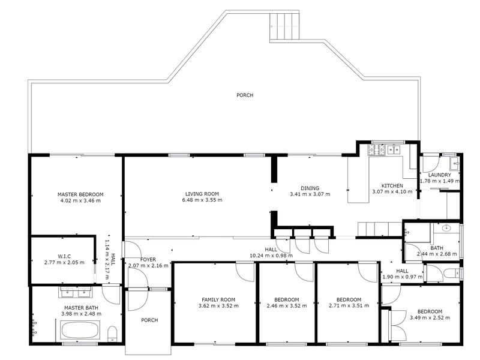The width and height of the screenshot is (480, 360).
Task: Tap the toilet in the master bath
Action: click(x=112, y=334)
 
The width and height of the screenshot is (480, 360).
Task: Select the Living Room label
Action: click(x=202, y=194)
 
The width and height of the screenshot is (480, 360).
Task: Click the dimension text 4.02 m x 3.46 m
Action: click(x=81, y=201)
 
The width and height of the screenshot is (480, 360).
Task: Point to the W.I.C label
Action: click(x=64, y=256)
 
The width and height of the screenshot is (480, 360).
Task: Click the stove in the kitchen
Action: click(x=377, y=149)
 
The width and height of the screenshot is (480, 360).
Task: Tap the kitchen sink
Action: click(x=394, y=149)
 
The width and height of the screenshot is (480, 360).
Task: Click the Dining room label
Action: click(x=310, y=188)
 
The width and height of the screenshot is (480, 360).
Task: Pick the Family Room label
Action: click(x=218, y=299)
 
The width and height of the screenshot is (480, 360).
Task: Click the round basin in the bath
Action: click(x=446, y=228)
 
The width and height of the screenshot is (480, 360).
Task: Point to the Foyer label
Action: click(x=148, y=260)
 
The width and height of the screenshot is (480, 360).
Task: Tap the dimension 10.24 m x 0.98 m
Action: click(x=271, y=256)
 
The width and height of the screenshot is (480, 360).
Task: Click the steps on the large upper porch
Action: click(x=284, y=26)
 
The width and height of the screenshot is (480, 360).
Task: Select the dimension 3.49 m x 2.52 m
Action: click(x=430, y=318)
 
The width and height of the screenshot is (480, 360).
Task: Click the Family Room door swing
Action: click(x=245, y=272)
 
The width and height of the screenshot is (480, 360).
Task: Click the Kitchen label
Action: click(x=392, y=186)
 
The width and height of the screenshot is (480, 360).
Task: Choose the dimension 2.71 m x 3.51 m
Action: click(x=349, y=305)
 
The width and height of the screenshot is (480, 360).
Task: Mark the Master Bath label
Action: click(x=82, y=308)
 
